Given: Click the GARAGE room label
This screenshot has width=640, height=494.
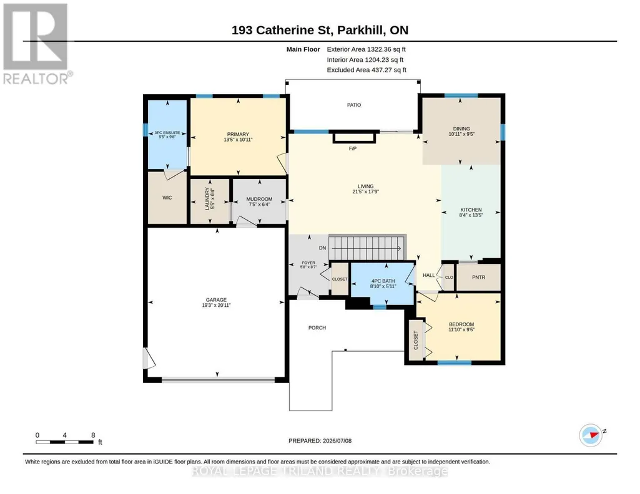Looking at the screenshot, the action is (x=216, y=299).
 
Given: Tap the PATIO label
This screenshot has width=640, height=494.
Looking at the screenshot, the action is (x=354, y=105).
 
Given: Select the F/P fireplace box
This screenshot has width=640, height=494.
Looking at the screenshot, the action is (x=354, y=137).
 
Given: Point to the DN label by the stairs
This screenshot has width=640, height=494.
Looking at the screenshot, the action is (x=322, y=248).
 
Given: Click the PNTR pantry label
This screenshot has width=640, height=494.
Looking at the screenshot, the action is (x=478, y=277).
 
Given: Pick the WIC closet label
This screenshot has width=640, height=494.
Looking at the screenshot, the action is (x=167, y=198).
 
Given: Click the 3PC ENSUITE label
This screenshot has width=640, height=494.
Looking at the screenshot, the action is (x=167, y=133).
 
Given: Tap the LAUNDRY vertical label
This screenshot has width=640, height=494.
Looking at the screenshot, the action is (x=207, y=199).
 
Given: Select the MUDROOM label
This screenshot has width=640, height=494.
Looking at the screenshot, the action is (x=259, y=199).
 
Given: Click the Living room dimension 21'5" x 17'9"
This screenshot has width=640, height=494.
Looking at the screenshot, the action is (x=366, y=191).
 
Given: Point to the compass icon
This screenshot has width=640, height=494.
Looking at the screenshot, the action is (x=591, y=435).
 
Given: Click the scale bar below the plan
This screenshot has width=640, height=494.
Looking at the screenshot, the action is (x=64, y=442).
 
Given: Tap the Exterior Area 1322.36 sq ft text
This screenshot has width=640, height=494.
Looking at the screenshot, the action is (x=366, y=49).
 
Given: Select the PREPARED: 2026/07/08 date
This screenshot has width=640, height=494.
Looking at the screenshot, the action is (x=320, y=440).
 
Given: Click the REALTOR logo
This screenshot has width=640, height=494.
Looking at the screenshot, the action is (x=37, y=44).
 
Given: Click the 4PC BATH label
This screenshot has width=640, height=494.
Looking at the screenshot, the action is (x=383, y=281).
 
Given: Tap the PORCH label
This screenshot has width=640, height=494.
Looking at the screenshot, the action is (x=317, y=327).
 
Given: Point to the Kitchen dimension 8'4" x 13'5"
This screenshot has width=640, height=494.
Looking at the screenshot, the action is (x=471, y=215).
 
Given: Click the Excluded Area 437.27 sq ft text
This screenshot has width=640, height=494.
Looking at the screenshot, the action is (x=367, y=70).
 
